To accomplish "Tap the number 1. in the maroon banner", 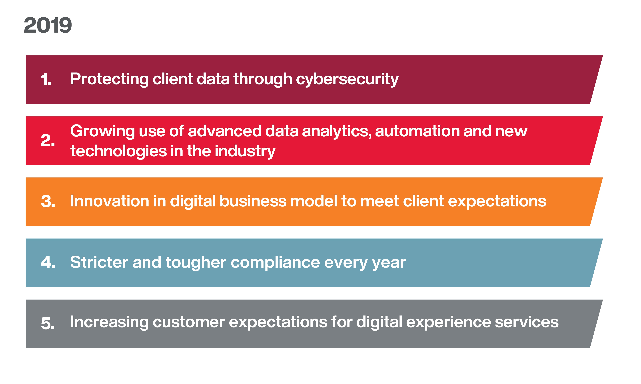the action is pos(46,79).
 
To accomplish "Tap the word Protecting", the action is pos(109,79).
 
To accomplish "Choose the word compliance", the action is pos(275,263).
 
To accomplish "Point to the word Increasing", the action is pos(109,322).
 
